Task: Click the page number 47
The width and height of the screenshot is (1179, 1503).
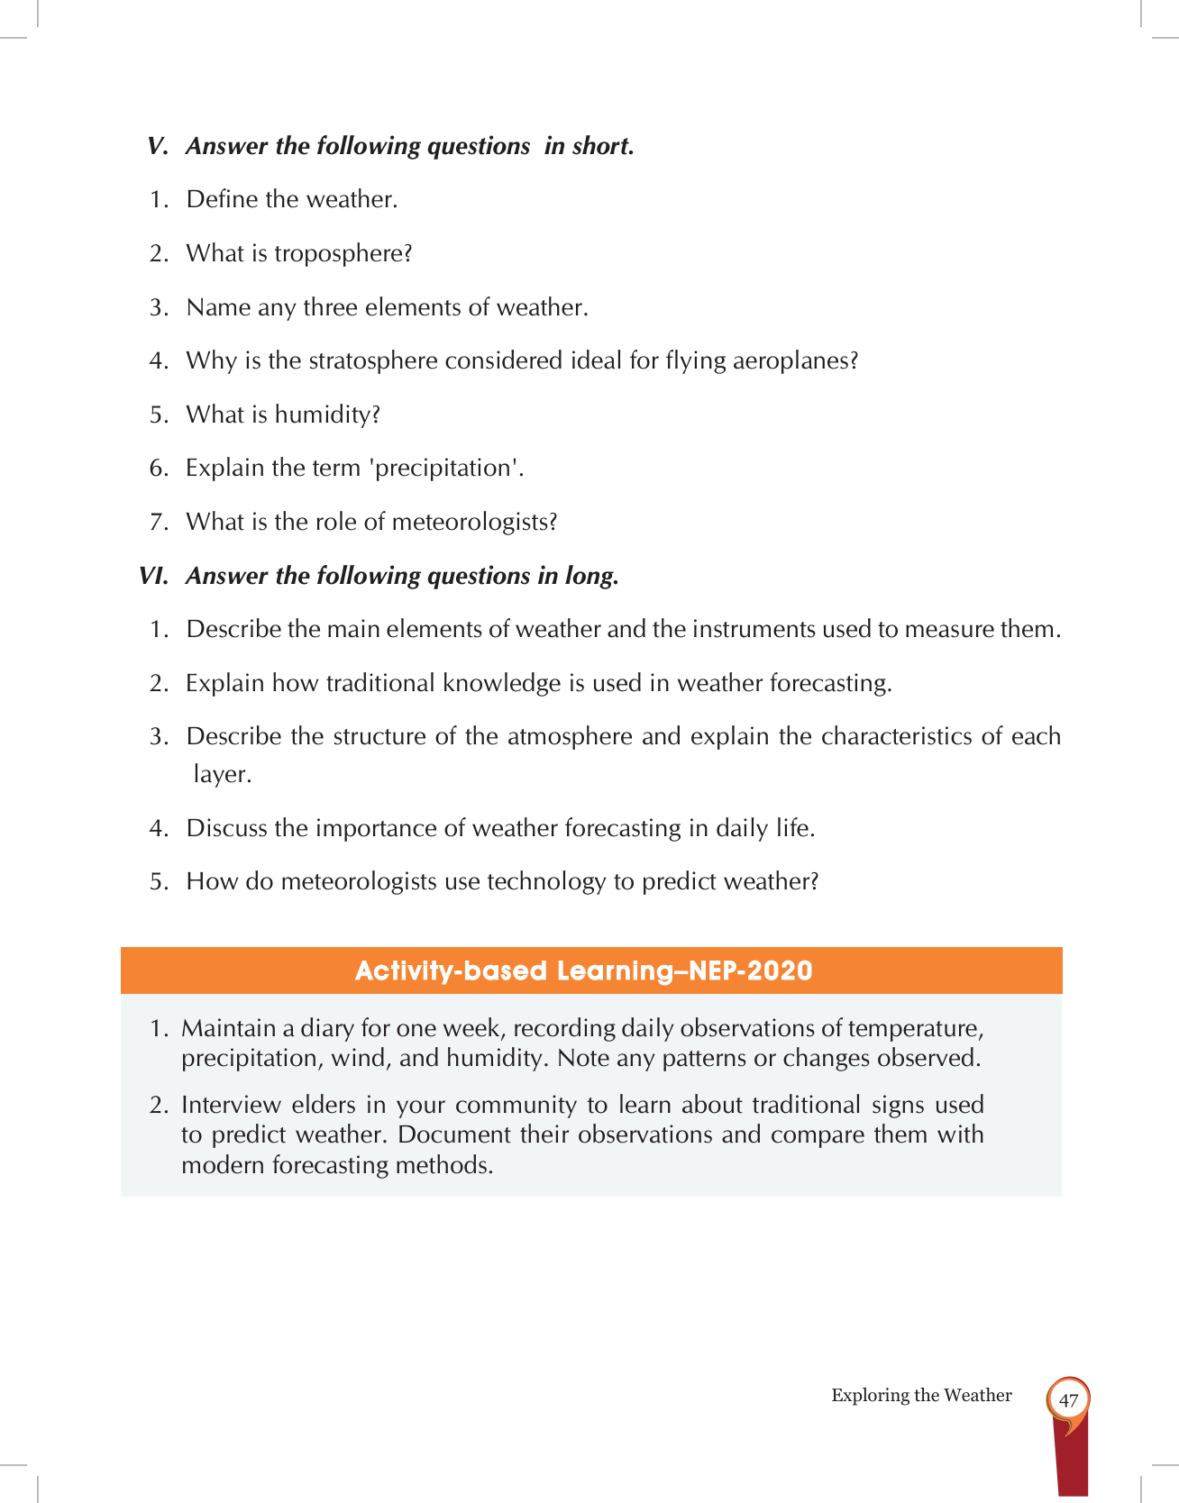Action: click(x=1068, y=1400)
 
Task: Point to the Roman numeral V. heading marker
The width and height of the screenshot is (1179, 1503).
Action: click(x=158, y=147)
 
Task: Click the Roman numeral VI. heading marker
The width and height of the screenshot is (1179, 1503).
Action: click(x=153, y=577)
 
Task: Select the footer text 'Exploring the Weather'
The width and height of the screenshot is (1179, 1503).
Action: click(x=921, y=1396)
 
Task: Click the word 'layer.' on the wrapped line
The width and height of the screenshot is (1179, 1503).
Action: click(x=222, y=775)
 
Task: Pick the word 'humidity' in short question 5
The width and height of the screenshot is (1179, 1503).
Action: click(x=323, y=415)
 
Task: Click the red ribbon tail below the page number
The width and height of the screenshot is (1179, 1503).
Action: click(x=1070, y=1460)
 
